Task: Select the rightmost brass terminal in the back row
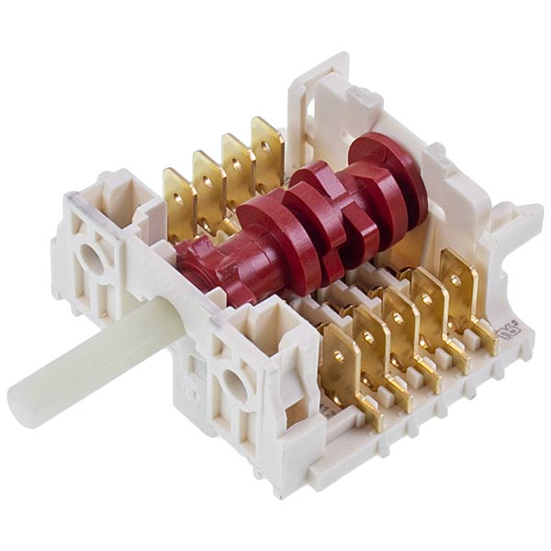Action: click(267, 147)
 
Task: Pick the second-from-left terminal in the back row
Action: click(208, 178)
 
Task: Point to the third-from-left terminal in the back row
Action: click(238, 163)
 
